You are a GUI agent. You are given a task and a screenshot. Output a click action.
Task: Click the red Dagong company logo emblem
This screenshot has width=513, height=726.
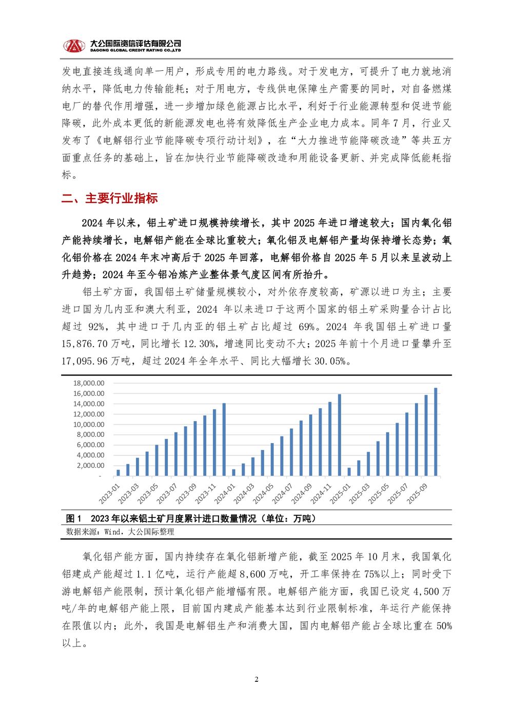[74, 46]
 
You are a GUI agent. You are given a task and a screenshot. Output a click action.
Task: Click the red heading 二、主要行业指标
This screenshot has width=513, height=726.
[109, 199]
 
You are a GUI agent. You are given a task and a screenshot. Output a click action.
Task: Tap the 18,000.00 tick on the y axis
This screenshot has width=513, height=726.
[88, 383]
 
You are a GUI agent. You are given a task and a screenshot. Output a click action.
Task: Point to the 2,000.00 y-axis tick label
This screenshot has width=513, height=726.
[90, 466]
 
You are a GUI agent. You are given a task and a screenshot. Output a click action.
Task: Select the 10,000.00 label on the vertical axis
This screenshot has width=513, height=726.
[88, 425]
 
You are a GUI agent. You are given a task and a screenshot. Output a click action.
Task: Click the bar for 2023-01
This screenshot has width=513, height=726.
[118, 473]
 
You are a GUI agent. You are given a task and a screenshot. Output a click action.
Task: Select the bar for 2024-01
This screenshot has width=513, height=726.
[233, 472]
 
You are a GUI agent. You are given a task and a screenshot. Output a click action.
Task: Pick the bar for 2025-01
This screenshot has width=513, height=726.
[349, 472]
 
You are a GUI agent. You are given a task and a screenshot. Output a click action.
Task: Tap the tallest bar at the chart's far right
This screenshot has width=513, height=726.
[436, 432]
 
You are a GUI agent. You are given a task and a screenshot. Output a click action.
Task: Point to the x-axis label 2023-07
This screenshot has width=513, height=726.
[167, 493]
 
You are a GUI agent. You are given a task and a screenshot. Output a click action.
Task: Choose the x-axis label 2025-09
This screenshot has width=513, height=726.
[417, 494]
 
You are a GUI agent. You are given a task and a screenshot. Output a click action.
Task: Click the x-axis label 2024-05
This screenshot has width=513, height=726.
[263, 494]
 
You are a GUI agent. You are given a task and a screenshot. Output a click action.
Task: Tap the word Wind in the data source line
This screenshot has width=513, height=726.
[112, 532]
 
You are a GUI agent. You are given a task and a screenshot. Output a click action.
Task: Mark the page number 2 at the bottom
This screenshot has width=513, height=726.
[256, 680]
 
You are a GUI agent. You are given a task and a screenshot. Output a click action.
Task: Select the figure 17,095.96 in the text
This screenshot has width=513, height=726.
[85, 361]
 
